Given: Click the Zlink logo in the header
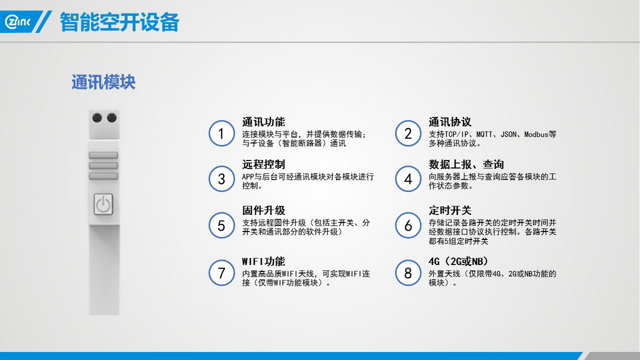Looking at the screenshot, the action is (18, 22).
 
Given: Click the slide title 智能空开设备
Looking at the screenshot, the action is (119, 22).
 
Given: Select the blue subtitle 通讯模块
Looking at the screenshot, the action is (103, 82).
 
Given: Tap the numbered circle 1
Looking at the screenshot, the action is (221, 133).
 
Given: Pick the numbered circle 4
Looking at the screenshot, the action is (408, 179).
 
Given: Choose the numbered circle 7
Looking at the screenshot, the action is (221, 273).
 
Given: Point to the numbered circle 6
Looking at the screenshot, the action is (408, 226).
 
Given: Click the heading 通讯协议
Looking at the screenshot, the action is (450, 122).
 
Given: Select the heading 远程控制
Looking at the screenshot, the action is (263, 165).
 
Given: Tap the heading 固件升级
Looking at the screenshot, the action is (263, 211).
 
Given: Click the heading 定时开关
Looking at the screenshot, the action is (450, 211).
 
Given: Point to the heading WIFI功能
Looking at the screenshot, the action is (263, 261).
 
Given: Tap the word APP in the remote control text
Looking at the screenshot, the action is (248, 177).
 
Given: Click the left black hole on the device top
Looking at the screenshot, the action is (97, 118).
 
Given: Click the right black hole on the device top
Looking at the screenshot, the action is (111, 118).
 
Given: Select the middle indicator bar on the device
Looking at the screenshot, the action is (103, 166).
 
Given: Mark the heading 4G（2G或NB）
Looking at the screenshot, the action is (459, 261).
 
